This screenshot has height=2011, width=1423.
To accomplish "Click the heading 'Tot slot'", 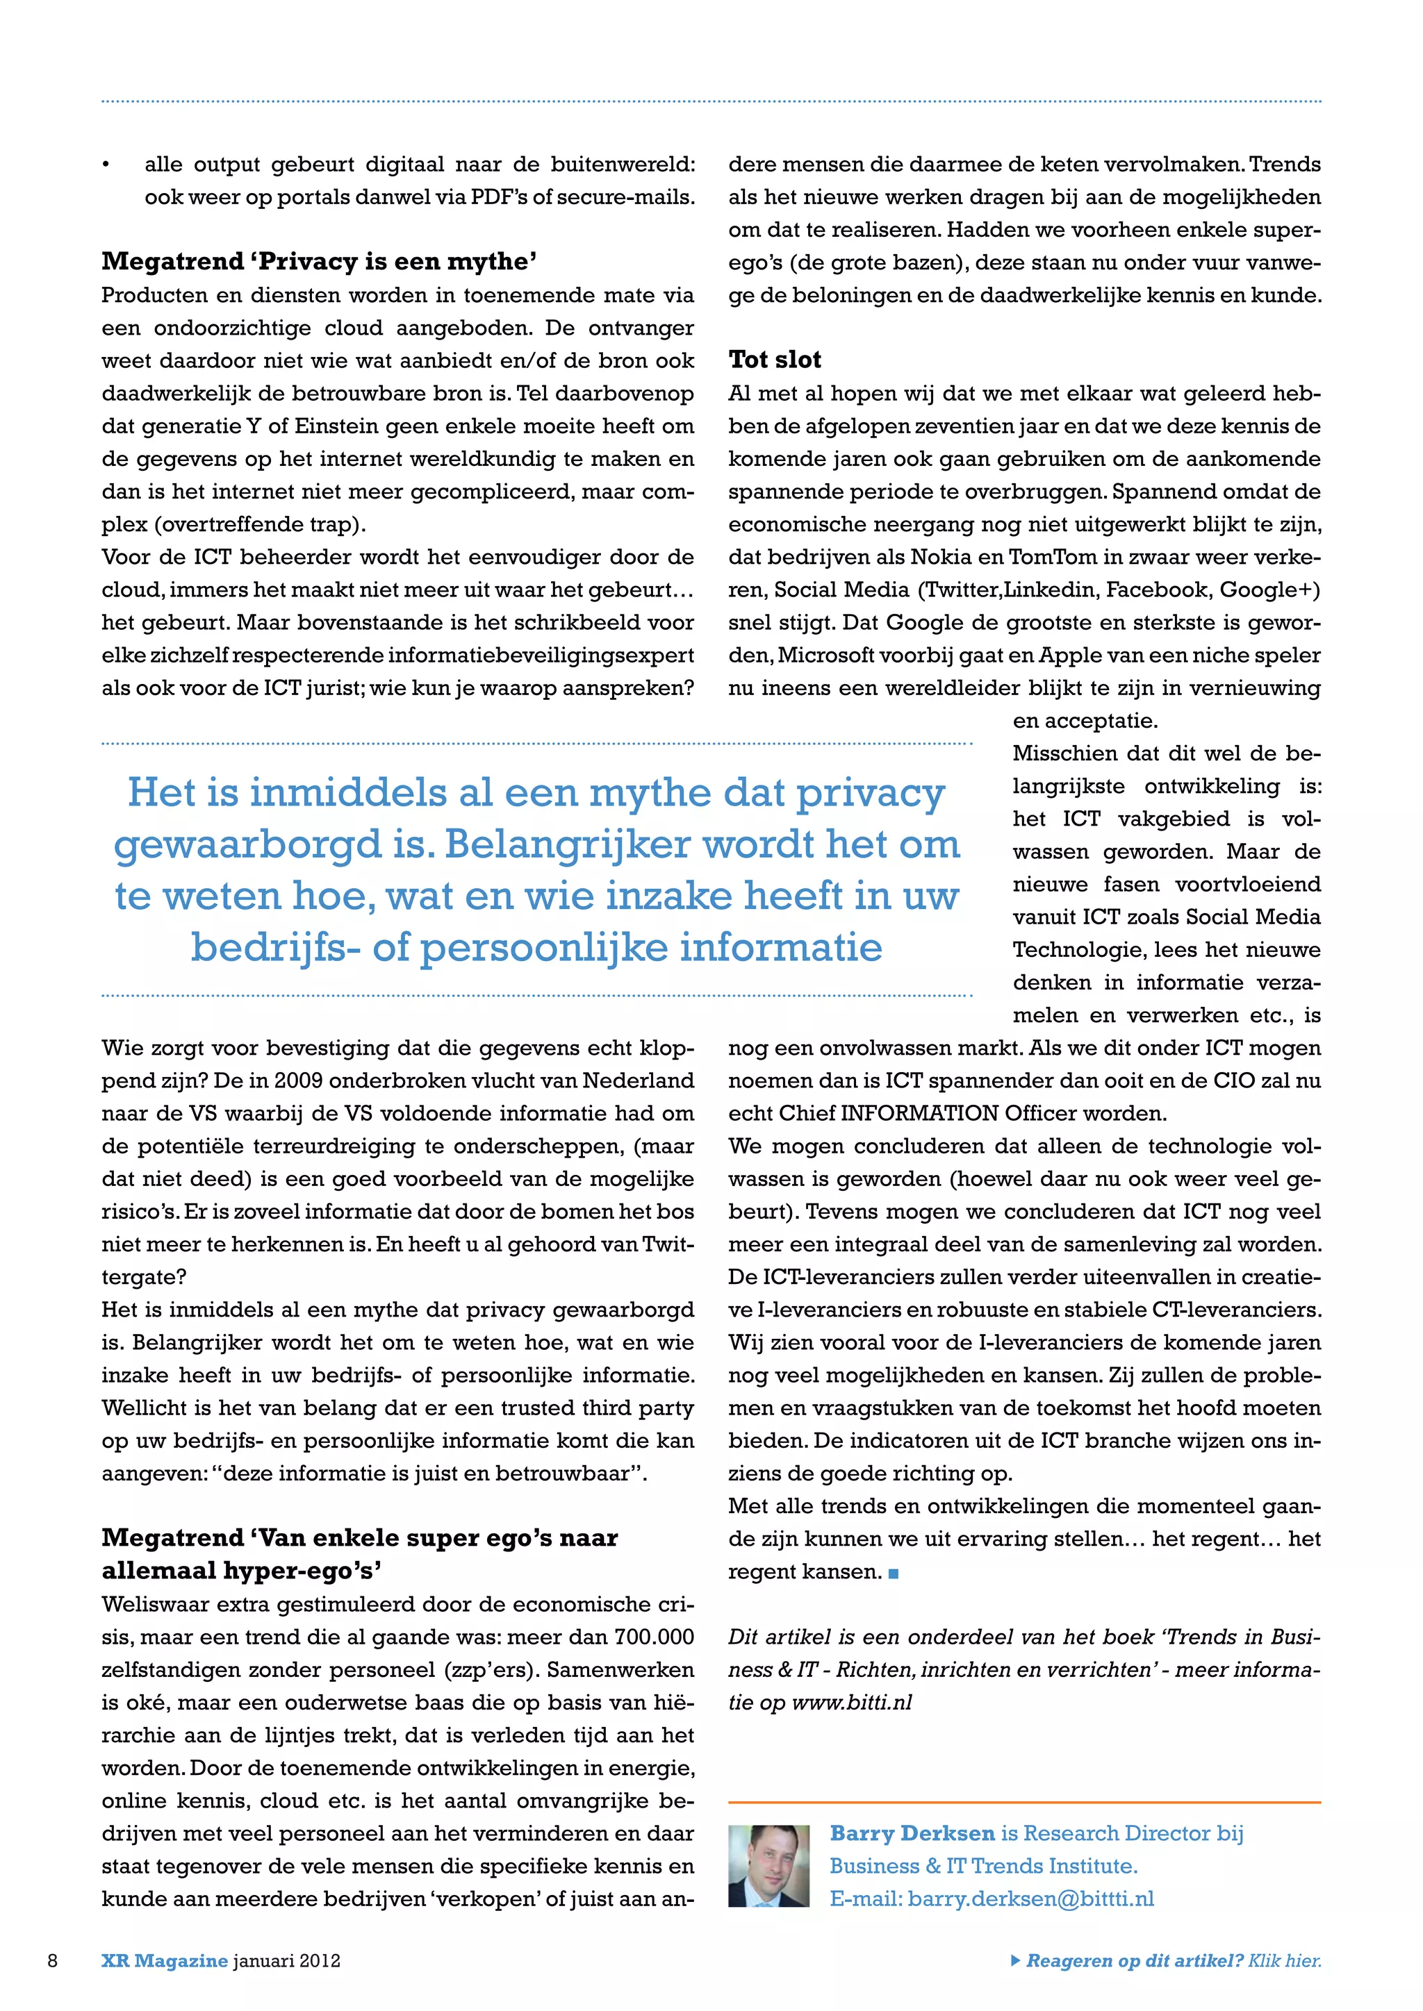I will (x=775, y=359).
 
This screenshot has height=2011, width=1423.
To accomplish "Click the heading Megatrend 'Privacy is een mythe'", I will (x=319, y=261).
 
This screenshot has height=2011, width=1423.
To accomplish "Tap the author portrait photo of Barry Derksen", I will (x=768, y=1866).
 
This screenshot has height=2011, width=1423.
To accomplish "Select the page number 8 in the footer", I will (x=53, y=1960).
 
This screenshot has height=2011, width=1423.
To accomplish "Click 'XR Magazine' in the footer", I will (x=164, y=1960).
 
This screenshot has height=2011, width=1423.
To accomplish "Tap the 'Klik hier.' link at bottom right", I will (x=1285, y=1960).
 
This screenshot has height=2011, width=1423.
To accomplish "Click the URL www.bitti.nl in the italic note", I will (x=852, y=1702).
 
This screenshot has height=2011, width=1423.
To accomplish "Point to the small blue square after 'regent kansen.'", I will (x=894, y=1573).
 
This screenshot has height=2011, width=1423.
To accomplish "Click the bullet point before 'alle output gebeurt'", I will (x=106, y=165).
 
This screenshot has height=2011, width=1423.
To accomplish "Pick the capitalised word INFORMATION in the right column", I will (x=919, y=1113).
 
